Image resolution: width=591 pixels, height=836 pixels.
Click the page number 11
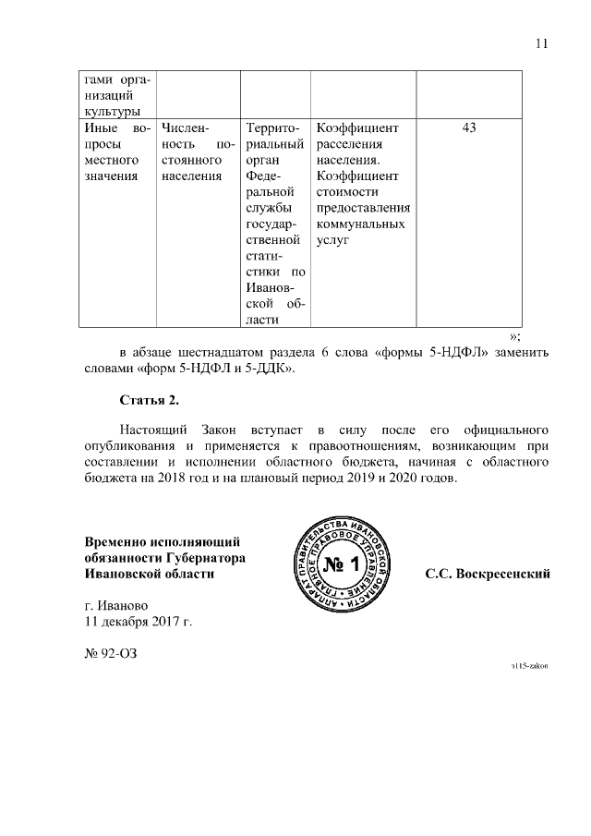(x=542, y=42)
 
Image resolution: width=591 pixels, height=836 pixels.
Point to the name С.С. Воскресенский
(x=487, y=574)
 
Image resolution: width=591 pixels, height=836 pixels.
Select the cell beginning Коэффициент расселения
(x=363, y=184)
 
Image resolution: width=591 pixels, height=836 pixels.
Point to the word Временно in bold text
(x=118, y=541)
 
